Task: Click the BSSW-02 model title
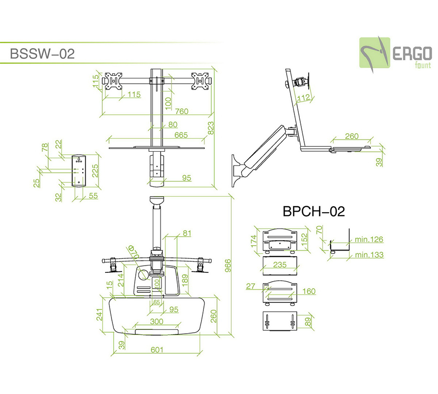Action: pyautogui.click(x=42, y=53)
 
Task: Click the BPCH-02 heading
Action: pyautogui.click(x=313, y=212)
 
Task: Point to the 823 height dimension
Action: pyautogui.click(x=211, y=127)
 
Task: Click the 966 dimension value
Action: pyautogui.click(x=227, y=266)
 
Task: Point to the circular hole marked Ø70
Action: pyautogui.click(x=143, y=274)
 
